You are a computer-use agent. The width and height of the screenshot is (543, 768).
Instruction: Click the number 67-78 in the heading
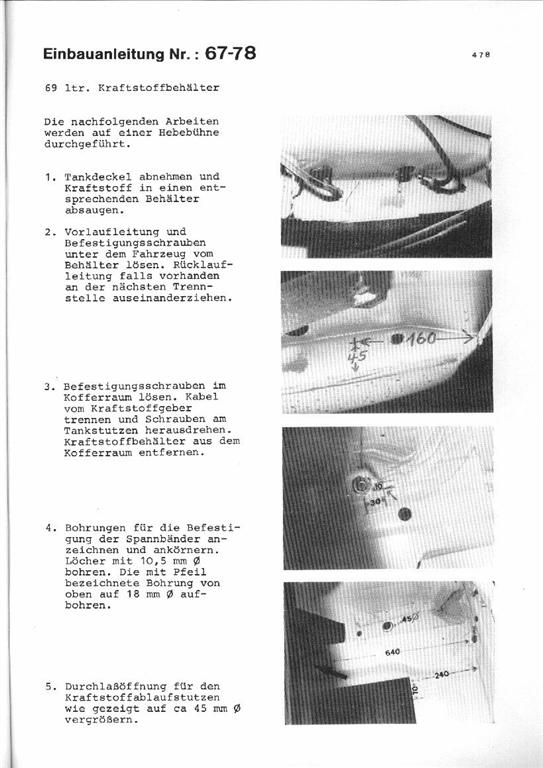coord(230,52)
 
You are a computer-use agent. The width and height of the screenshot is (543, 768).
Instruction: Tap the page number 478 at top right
coord(481,55)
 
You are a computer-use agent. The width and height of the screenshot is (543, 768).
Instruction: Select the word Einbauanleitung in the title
coord(104,54)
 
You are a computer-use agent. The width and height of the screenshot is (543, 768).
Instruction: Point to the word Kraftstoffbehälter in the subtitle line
coord(159,88)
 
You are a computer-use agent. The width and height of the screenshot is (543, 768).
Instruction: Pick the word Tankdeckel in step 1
coord(98,177)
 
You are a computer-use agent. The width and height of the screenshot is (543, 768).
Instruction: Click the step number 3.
coord(48,387)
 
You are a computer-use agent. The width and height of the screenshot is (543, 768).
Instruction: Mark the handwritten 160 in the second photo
coord(422,338)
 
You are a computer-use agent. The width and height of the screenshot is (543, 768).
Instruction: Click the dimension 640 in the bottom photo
coord(392,652)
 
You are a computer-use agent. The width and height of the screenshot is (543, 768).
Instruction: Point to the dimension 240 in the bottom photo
coord(442,675)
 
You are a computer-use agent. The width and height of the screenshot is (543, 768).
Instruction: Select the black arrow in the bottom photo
coord(331,672)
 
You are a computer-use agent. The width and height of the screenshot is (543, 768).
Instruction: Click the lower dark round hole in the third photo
coord(404,514)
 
